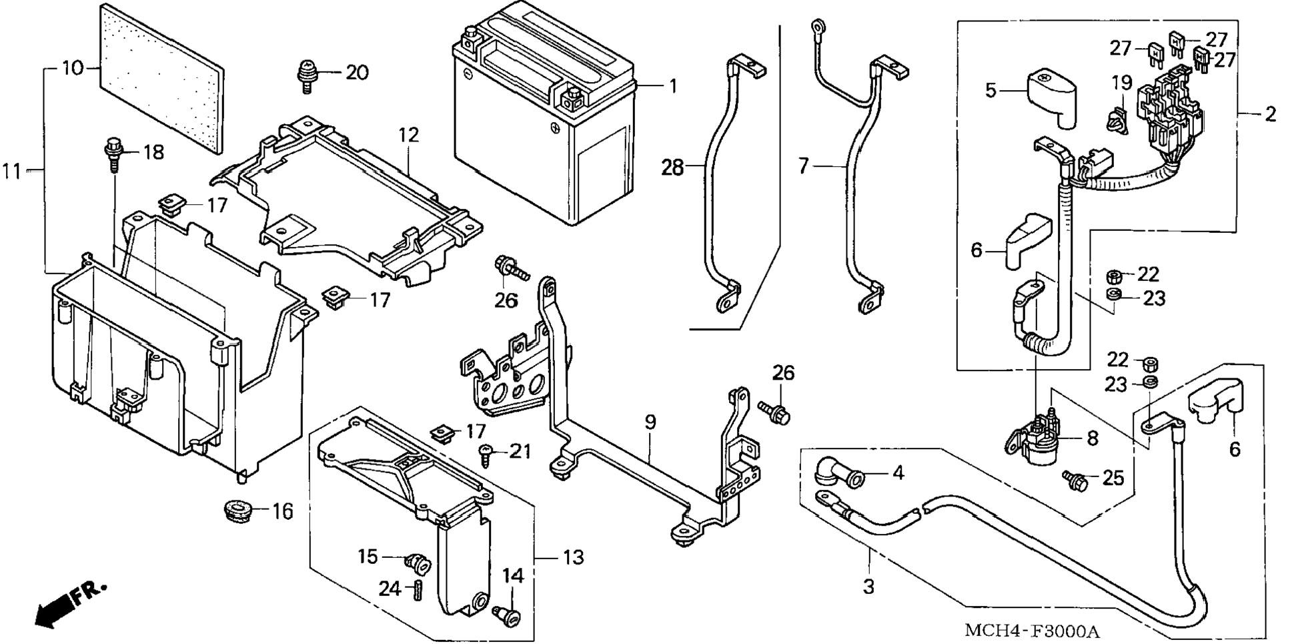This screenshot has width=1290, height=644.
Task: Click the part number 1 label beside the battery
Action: click(x=673, y=86)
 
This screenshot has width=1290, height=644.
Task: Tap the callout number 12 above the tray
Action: click(x=408, y=135)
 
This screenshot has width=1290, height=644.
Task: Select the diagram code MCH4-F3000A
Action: click(x=1031, y=631)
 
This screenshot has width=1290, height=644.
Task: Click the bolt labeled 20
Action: click(x=307, y=75)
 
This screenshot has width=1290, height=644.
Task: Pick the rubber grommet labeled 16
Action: click(x=237, y=511)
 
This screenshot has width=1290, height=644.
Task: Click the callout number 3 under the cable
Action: click(x=868, y=587)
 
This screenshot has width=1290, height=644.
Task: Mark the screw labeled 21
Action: click(x=486, y=456)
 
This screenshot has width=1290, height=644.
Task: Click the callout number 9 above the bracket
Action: click(x=650, y=422)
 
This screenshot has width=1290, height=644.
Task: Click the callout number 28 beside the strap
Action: click(x=672, y=168)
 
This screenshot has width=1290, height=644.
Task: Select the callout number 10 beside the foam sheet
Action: click(x=73, y=68)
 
